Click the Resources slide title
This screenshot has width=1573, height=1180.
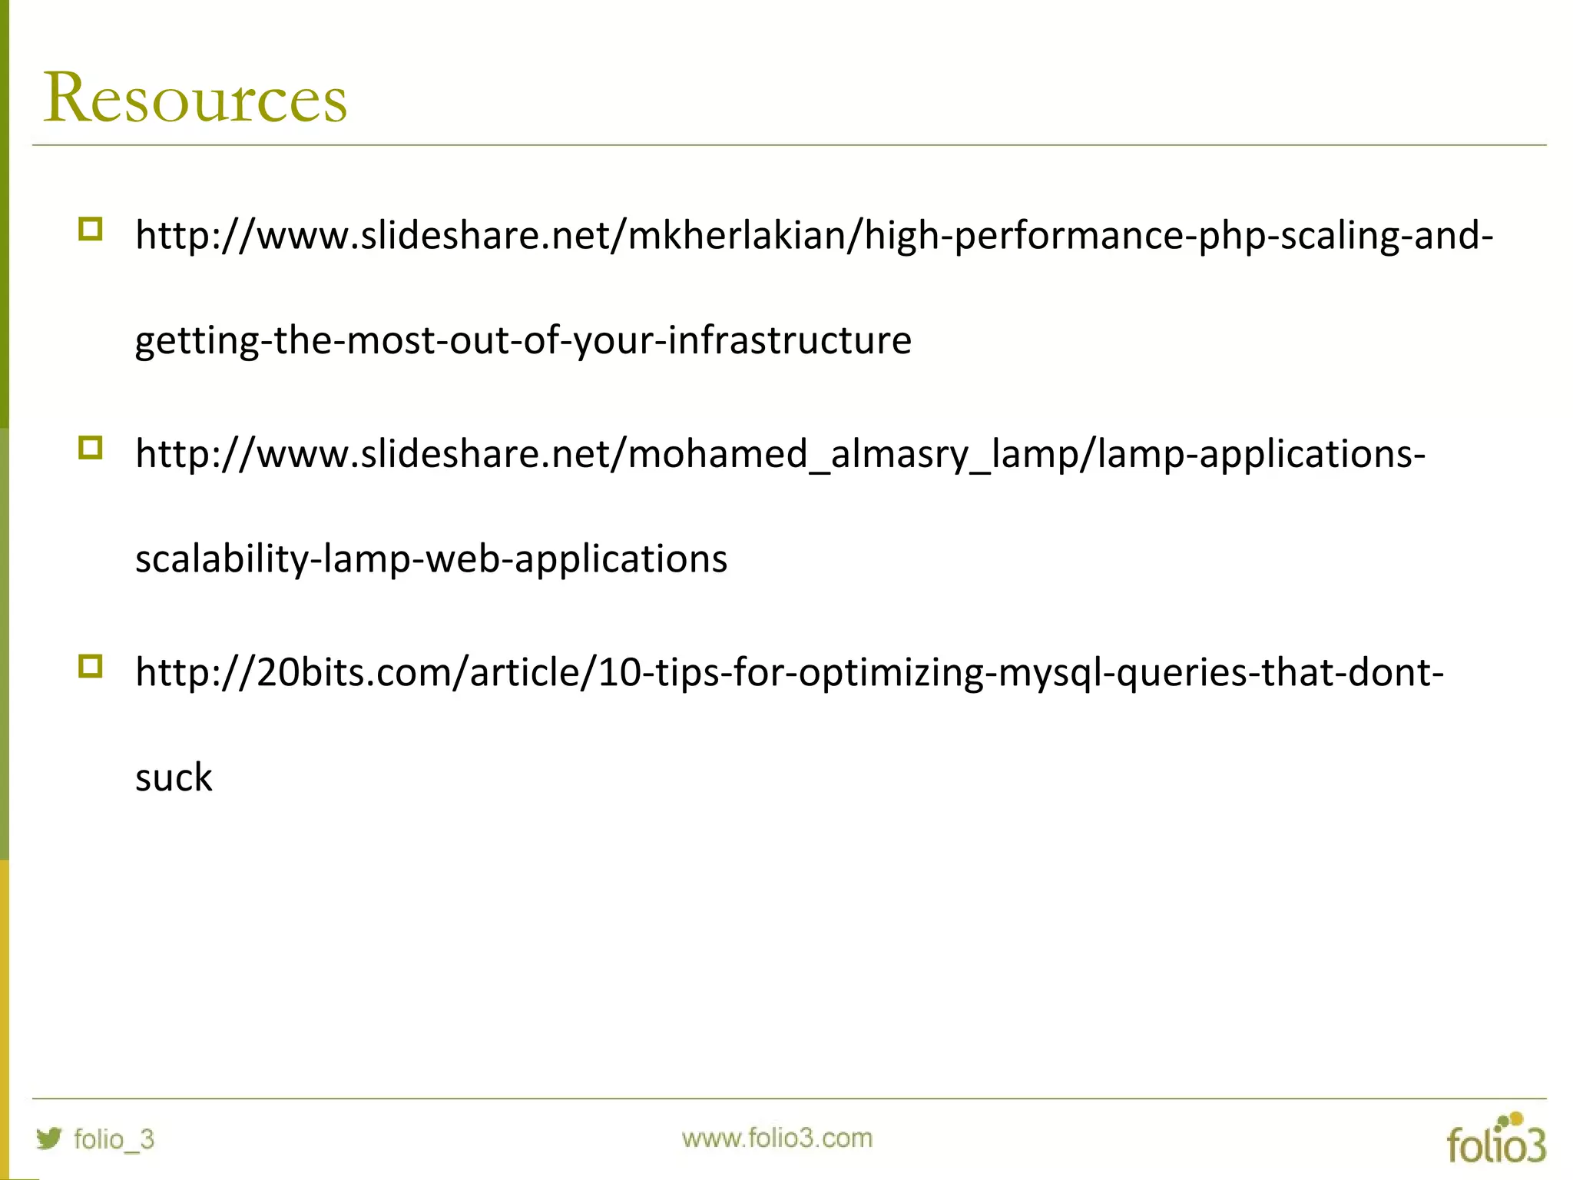[195, 98]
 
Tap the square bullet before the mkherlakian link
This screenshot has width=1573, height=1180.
[91, 229]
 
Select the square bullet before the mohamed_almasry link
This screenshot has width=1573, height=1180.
[91, 448]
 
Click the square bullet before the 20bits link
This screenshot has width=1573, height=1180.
[91, 666]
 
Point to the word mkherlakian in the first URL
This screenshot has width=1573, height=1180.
[736, 235]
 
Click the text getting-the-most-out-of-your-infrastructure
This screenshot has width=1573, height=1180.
[523, 340]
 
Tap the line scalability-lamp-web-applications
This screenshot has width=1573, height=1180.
[431, 559]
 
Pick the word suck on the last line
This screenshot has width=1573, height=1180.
[174, 777]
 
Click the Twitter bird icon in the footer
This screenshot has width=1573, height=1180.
[49, 1138]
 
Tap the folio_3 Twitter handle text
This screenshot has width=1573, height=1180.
[114, 1139]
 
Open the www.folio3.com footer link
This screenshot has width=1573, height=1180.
[777, 1138]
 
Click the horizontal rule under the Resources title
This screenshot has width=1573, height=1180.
[789, 144]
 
